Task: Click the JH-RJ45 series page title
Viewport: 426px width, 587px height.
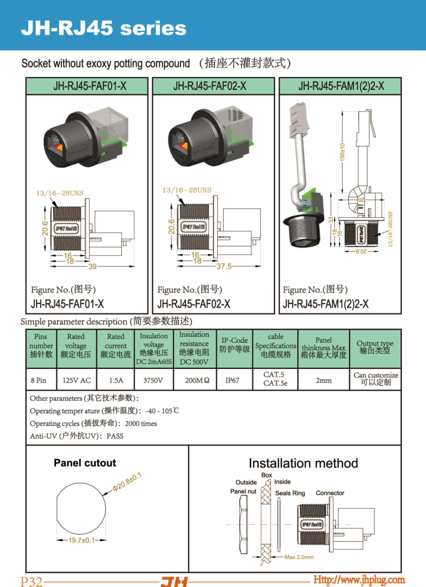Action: coord(103,28)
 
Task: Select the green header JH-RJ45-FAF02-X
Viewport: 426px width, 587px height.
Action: coord(213,86)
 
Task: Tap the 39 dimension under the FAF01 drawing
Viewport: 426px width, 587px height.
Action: coord(92,267)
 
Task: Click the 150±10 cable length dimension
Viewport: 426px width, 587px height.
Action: coord(343,152)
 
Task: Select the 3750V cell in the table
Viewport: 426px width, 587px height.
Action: coord(153,381)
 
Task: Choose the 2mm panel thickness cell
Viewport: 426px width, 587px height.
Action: coord(323,381)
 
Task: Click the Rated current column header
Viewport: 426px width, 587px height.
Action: coord(116,345)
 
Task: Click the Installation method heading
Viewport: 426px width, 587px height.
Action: coord(303,463)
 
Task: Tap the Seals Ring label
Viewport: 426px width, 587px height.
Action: coord(290,493)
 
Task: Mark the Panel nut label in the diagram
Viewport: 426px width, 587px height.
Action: coord(243,491)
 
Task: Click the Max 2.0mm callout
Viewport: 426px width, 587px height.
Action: coord(299,557)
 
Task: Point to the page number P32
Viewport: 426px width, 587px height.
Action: coord(31,581)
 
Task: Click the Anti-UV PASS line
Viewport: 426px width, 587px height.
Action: coord(77,435)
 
